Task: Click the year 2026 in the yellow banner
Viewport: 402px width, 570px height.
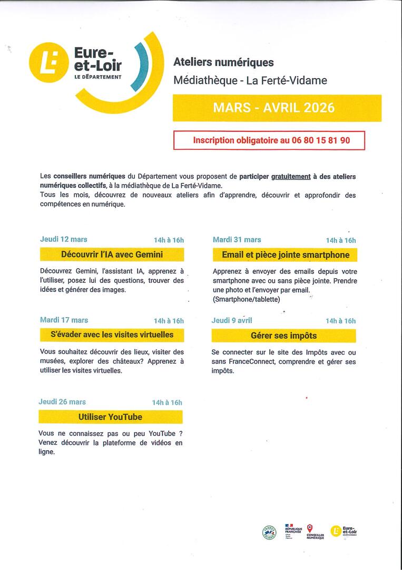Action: coord(315,108)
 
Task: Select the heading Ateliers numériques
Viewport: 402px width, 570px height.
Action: coord(223,62)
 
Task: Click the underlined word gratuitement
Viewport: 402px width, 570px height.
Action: coord(289,176)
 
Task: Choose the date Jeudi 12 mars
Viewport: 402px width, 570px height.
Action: coord(64,239)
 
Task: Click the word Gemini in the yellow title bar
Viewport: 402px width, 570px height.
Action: coord(149,254)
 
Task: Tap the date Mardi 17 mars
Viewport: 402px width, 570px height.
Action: coord(64,320)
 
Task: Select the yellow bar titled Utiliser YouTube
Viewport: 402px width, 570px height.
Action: coord(111,417)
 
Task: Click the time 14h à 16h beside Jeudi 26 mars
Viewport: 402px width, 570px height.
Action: coord(167,403)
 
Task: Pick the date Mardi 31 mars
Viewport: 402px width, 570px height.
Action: coord(237,240)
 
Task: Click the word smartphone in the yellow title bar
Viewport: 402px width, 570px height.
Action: coord(328,255)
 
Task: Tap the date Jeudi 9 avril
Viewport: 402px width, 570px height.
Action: coord(232,320)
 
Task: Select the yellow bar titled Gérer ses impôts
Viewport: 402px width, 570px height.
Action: coord(283,336)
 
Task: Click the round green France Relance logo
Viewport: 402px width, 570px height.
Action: coord(269,532)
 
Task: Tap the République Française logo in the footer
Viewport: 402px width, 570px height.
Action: coord(293,530)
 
